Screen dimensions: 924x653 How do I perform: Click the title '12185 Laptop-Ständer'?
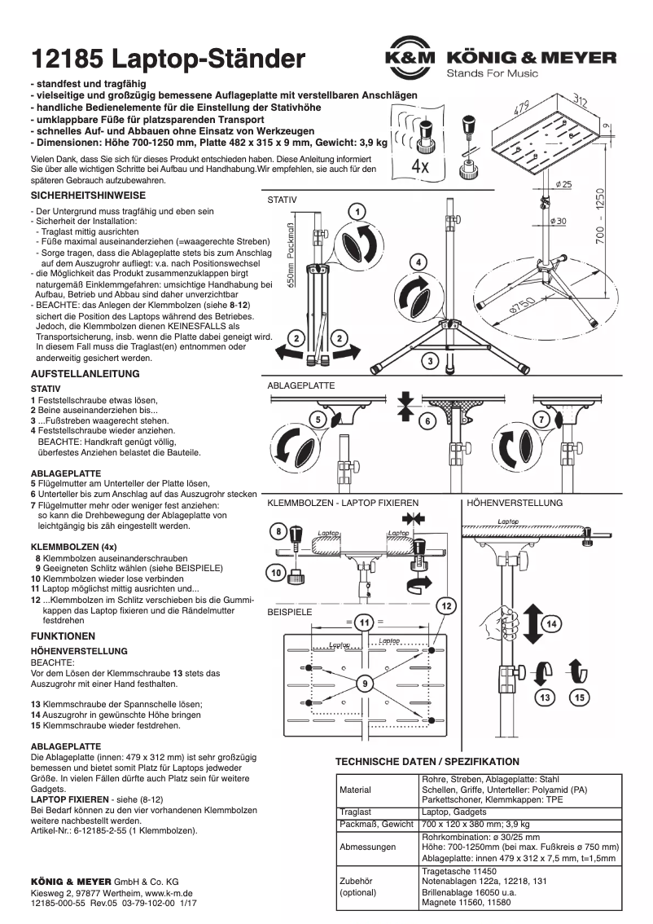pyautogui.click(x=169, y=59)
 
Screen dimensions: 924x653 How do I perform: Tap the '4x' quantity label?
pyautogui.click(x=421, y=166)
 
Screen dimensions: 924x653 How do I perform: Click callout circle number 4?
pyautogui.click(x=417, y=262)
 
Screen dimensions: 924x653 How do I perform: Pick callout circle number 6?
pyautogui.click(x=425, y=421)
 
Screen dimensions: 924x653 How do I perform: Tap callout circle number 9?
pyautogui.click(x=366, y=680)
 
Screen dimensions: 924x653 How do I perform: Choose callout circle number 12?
pyautogui.click(x=446, y=605)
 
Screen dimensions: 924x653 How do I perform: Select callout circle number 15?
pyautogui.click(x=579, y=697)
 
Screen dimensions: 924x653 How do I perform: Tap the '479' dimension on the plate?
pyautogui.click(x=522, y=107)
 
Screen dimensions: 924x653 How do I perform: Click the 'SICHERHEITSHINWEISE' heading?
pyautogui.click(x=88, y=196)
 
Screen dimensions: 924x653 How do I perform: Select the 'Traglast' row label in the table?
pyautogui.click(x=357, y=812)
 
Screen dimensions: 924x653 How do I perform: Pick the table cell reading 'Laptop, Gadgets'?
pyautogui.click(x=454, y=812)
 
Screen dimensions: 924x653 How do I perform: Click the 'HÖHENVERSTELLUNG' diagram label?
pyautogui.click(x=514, y=504)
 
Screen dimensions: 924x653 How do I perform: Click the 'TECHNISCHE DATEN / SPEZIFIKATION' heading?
pyautogui.click(x=427, y=761)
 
